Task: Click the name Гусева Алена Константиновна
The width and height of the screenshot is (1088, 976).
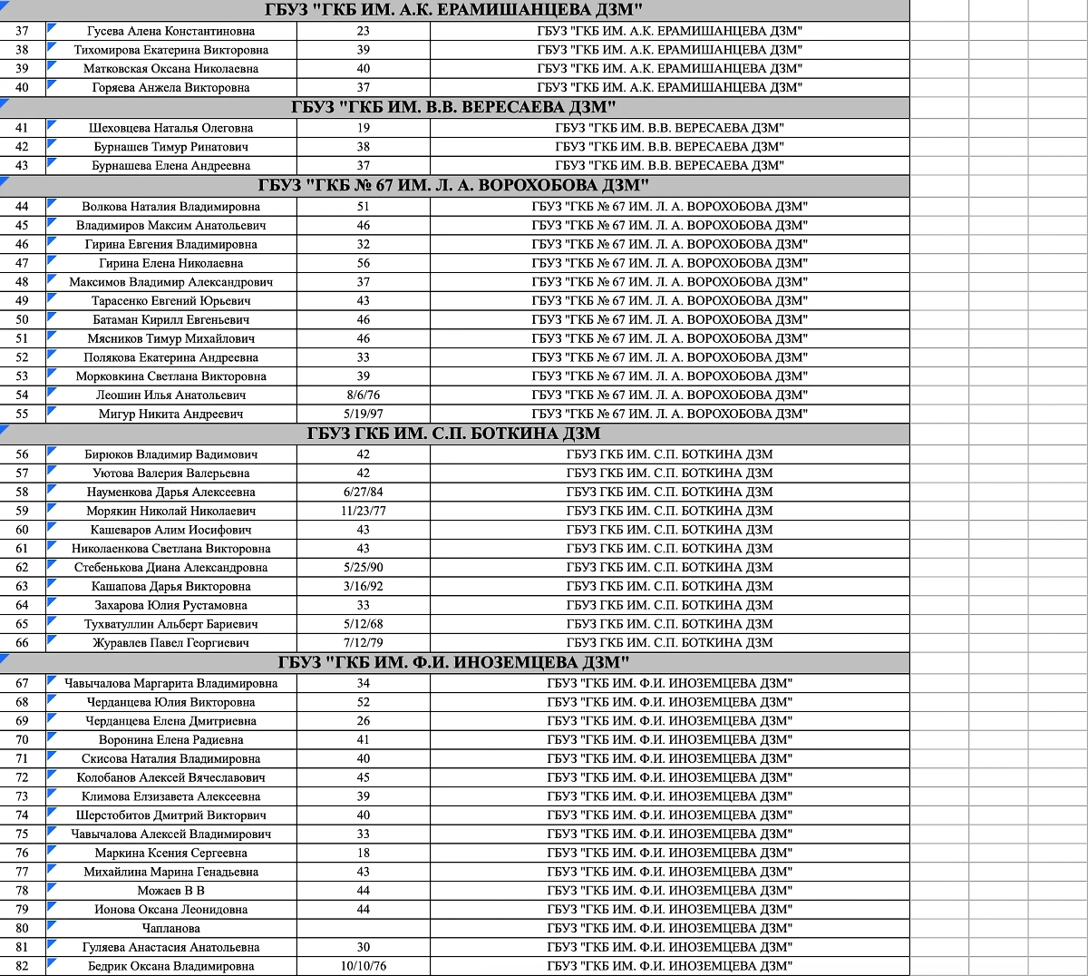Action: (170, 31)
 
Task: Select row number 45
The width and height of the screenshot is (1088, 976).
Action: (22, 225)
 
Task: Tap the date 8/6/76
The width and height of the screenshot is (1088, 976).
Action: (363, 395)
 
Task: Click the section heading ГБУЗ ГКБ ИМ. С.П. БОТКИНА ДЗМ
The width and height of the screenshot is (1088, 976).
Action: (453, 434)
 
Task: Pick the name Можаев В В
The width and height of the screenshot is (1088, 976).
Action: (170, 891)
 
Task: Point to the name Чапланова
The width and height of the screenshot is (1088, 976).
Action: (170, 928)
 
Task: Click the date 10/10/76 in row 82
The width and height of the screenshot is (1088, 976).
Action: (363, 966)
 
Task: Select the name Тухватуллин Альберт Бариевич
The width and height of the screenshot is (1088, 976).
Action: (170, 624)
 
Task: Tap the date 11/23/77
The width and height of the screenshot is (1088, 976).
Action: (363, 511)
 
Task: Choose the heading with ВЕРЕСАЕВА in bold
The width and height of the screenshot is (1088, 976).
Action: (453, 107)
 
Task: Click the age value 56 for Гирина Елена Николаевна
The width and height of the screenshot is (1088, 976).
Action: (363, 263)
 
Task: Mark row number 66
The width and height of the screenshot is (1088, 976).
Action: (22, 643)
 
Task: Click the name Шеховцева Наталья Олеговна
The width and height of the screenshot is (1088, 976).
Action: (170, 128)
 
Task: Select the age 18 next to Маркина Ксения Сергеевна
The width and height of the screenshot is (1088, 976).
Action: (363, 853)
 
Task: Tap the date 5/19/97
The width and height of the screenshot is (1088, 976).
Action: (363, 414)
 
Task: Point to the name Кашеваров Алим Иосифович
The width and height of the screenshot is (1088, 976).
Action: (170, 530)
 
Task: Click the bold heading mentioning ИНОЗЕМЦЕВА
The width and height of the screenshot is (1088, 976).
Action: (453, 663)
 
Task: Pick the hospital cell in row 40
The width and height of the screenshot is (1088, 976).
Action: (669, 87)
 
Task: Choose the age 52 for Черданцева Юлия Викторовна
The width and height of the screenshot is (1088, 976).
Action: (363, 702)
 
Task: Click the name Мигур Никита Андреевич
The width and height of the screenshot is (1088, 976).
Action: (170, 414)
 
